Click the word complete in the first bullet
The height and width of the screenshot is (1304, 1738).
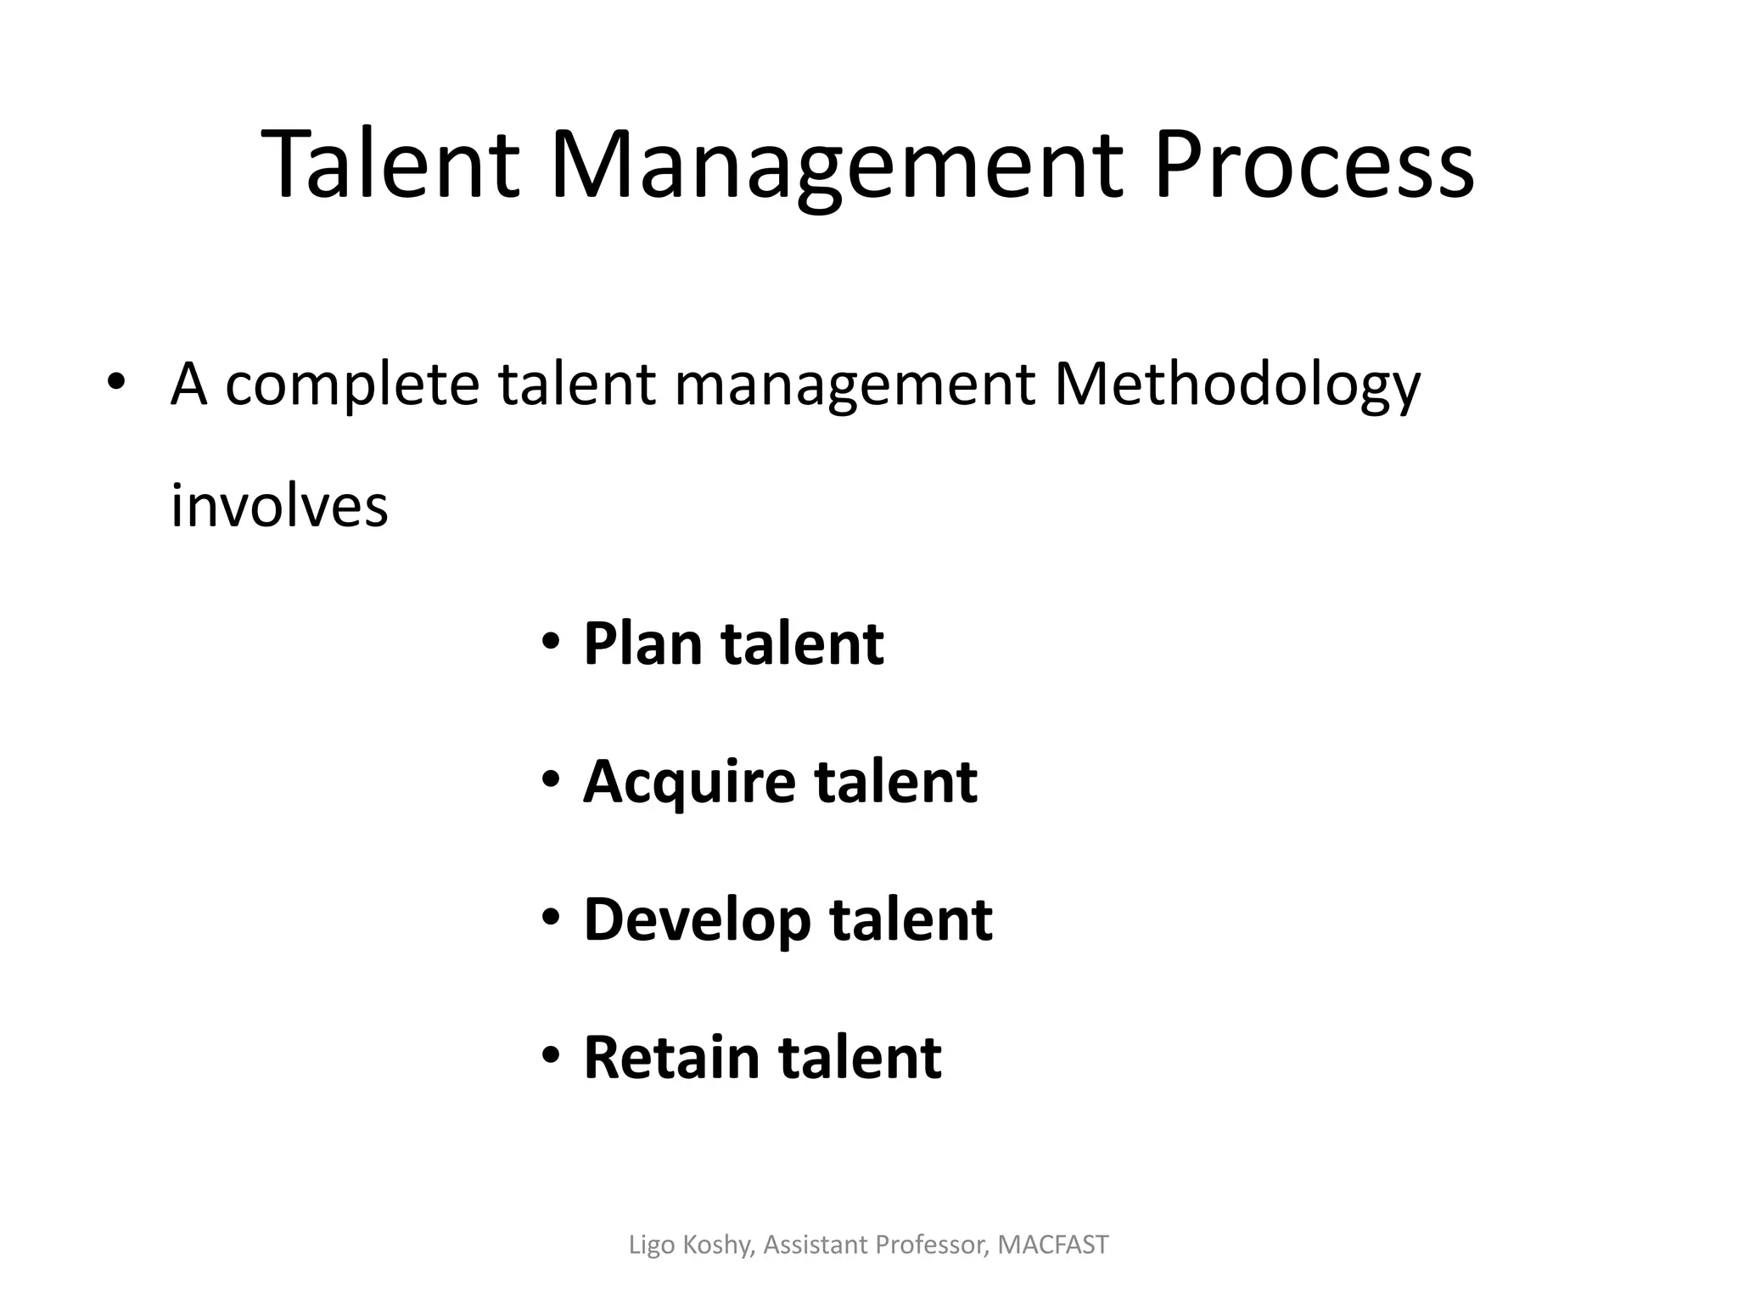click(352, 387)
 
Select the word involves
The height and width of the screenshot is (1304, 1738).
click(279, 506)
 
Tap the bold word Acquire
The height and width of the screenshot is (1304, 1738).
click(688, 783)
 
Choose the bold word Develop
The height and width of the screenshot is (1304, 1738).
click(697, 922)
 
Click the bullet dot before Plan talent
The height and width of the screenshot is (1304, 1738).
click(551, 641)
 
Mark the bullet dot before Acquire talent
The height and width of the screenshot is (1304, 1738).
click(551, 778)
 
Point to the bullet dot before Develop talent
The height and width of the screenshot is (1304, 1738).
click(551, 917)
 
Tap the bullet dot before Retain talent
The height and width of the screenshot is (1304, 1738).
click(551, 1055)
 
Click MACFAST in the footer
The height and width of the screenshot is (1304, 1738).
click(1053, 1245)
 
